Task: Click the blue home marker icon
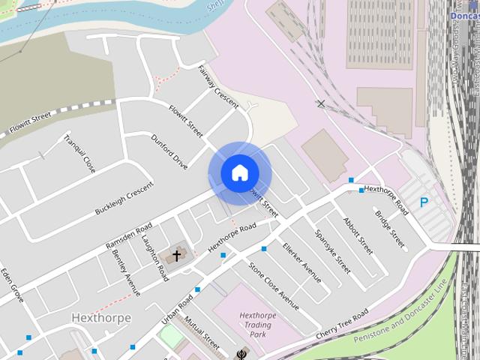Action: (x=239, y=173)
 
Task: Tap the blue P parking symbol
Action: (x=424, y=202)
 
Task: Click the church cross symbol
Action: (x=177, y=256)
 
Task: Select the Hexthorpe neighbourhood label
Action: (x=101, y=318)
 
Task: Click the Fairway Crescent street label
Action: (x=217, y=85)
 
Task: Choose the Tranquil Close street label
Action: (x=79, y=152)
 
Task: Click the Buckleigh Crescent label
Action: (x=124, y=199)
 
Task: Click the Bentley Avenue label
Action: (x=126, y=273)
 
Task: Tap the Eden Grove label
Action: (x=13, y=285)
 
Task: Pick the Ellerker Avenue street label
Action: (x=301, y=262)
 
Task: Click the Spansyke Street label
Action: (x=332, y=251)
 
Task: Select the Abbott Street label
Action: (x=357, y=235)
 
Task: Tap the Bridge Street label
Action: (x=390, y=228)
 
